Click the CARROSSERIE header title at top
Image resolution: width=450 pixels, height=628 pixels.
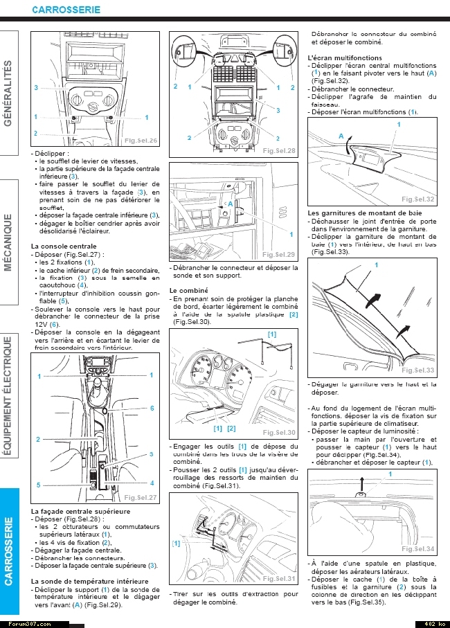point(66,10)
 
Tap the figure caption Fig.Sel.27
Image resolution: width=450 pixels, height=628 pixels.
point(141,498)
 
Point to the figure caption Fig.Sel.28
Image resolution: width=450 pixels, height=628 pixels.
point(279,151)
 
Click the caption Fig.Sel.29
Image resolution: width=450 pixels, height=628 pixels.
point(279,255)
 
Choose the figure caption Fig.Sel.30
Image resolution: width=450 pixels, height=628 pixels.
point(279,433)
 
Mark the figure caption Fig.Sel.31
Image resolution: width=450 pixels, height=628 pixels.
point(279,579)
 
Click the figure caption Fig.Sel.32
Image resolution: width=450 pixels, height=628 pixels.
point(418,199)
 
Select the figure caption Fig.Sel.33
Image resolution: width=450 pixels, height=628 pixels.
point(418,371)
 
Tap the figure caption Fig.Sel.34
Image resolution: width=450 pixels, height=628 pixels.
point(418,549)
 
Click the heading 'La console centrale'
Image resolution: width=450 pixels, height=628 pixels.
point(64,246)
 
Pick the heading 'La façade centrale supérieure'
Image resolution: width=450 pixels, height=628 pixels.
point(80,511)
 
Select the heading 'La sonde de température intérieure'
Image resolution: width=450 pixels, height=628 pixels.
point(89,582)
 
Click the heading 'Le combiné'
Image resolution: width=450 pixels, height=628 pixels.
point(188,290)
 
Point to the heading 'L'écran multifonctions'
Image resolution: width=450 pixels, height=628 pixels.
point(342,57)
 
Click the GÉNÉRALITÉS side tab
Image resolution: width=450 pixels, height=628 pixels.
point(9,93)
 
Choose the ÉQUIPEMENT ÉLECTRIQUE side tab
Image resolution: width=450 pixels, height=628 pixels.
point(9,395)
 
